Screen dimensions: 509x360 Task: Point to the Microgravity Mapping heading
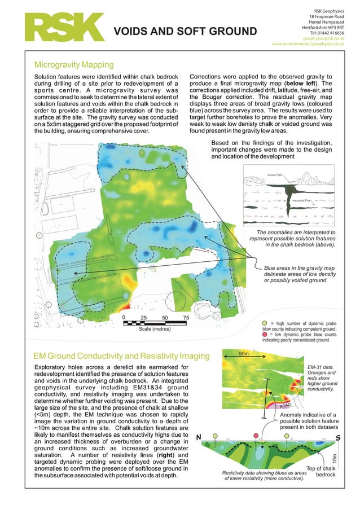[74, 65]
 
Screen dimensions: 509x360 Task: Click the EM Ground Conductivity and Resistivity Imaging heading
[121, 356]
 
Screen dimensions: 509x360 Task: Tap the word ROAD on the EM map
[286, 406]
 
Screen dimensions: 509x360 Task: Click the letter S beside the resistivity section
[338, 438]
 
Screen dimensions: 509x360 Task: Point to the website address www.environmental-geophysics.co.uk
[312, 43]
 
